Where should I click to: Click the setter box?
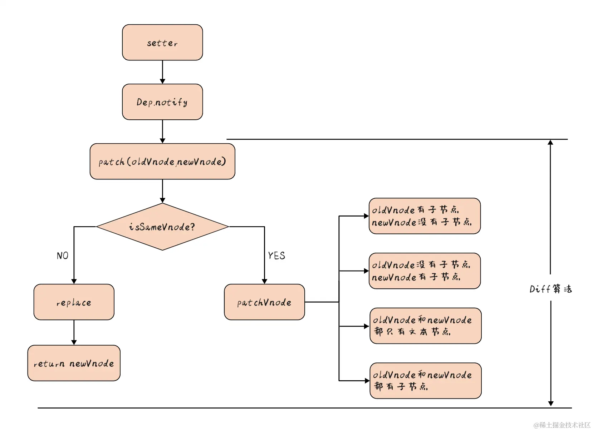click(162, 43)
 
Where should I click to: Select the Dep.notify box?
click(162, 102)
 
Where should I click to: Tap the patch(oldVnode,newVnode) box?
click(162, 162)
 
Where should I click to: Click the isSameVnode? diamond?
click(162, 227)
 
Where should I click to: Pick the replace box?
click(74, 302)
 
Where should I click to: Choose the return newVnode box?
click(74, 363)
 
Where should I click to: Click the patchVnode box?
click(264, 302)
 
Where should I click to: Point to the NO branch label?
click(63, 256)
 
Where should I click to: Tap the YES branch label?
click(276, 256)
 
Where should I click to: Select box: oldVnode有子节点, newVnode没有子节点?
click(425, 216)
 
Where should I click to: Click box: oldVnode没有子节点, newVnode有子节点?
click(425, 271)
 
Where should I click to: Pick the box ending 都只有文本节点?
click(425, 326)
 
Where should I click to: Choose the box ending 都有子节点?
click(425, 381)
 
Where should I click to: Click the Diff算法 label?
click(550, 289)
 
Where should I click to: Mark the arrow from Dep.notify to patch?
click(162, 132)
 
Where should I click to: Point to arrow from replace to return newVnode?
click(74, 332)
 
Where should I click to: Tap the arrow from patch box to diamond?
click(162, 191)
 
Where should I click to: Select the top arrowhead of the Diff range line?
click(550, 142)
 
